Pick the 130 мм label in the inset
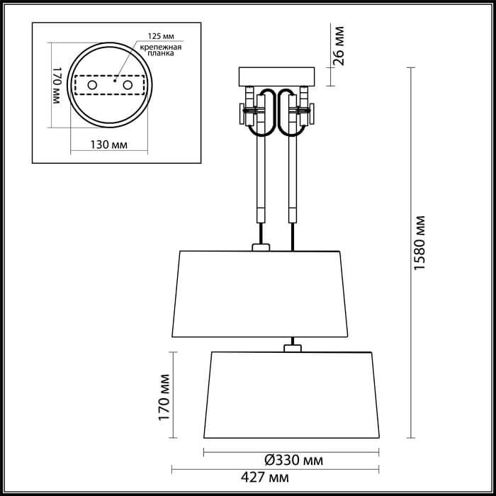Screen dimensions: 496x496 pos(109,145)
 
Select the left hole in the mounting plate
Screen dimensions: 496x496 pos(92,85)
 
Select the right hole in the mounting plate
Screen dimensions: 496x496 pos(128,85)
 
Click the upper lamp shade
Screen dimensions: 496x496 pos(261,293)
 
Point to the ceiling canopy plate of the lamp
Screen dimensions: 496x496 pos(276,76)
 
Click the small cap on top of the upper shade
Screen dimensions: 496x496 pos(261,247)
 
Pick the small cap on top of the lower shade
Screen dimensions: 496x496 pos(291,347)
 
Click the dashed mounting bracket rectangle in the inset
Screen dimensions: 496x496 pos(109,85)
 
